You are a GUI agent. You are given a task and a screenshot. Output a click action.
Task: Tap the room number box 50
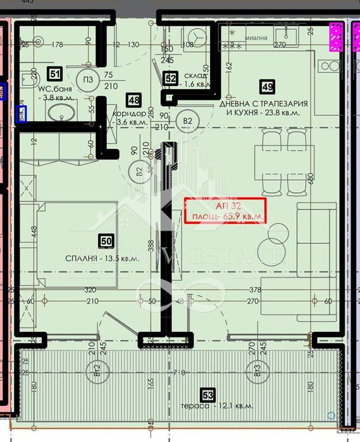tap(106, 240)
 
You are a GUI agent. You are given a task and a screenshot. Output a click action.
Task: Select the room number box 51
tap(54, 73)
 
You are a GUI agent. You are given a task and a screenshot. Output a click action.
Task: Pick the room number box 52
tap(170, 78)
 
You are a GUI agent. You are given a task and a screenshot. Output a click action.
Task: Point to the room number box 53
tap(209, 396)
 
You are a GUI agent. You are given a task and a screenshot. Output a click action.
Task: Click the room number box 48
tap(133, 99)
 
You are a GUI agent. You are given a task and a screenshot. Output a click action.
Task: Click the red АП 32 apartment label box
tap(224, 210)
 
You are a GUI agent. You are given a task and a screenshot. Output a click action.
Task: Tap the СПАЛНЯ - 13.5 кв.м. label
tap(101, 259)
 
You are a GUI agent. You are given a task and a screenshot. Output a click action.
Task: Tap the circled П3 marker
tap(88, 79)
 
